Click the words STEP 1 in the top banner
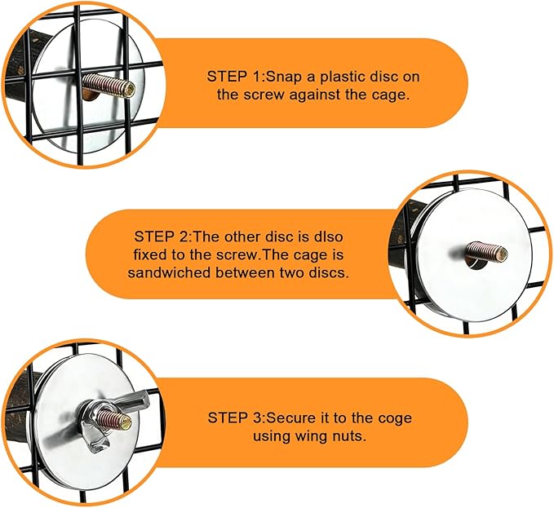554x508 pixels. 233,77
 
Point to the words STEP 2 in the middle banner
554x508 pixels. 160,236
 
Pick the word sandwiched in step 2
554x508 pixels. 169,272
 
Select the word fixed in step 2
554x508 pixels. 150,254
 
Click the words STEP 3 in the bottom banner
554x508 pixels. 233,417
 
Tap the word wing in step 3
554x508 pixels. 309,436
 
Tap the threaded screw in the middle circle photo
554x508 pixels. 486,251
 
